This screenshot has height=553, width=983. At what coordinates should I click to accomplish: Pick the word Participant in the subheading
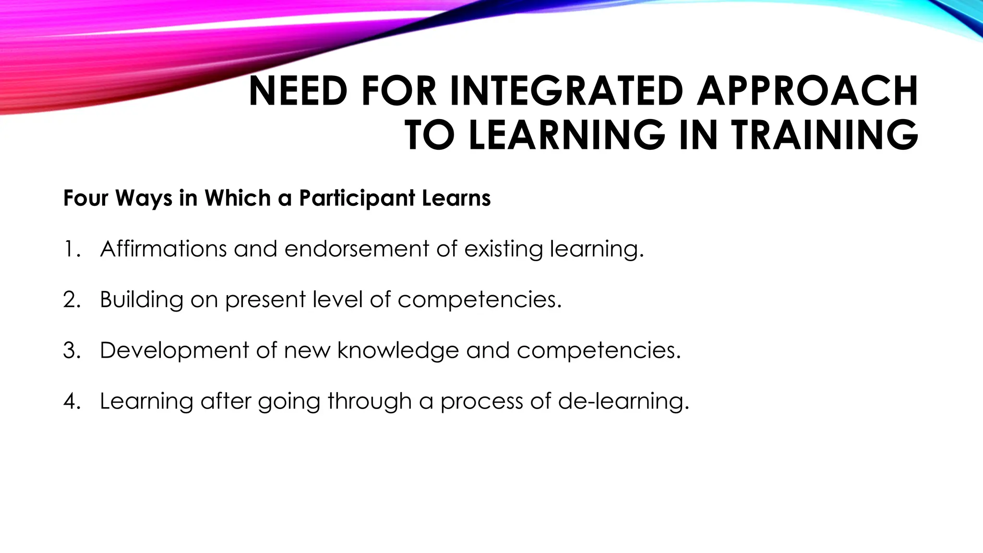point(357,198)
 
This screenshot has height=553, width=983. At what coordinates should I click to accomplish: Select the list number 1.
point(71,249)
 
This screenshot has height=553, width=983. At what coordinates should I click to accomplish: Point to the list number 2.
point(71,300)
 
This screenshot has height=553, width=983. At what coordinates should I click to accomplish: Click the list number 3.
point(71,350)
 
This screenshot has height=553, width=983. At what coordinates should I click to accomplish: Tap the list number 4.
point(71,401)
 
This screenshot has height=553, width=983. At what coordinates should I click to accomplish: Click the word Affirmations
point(163,249)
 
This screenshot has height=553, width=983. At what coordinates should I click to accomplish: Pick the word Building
point(141,300)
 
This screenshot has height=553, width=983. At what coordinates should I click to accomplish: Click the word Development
point(174,351)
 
